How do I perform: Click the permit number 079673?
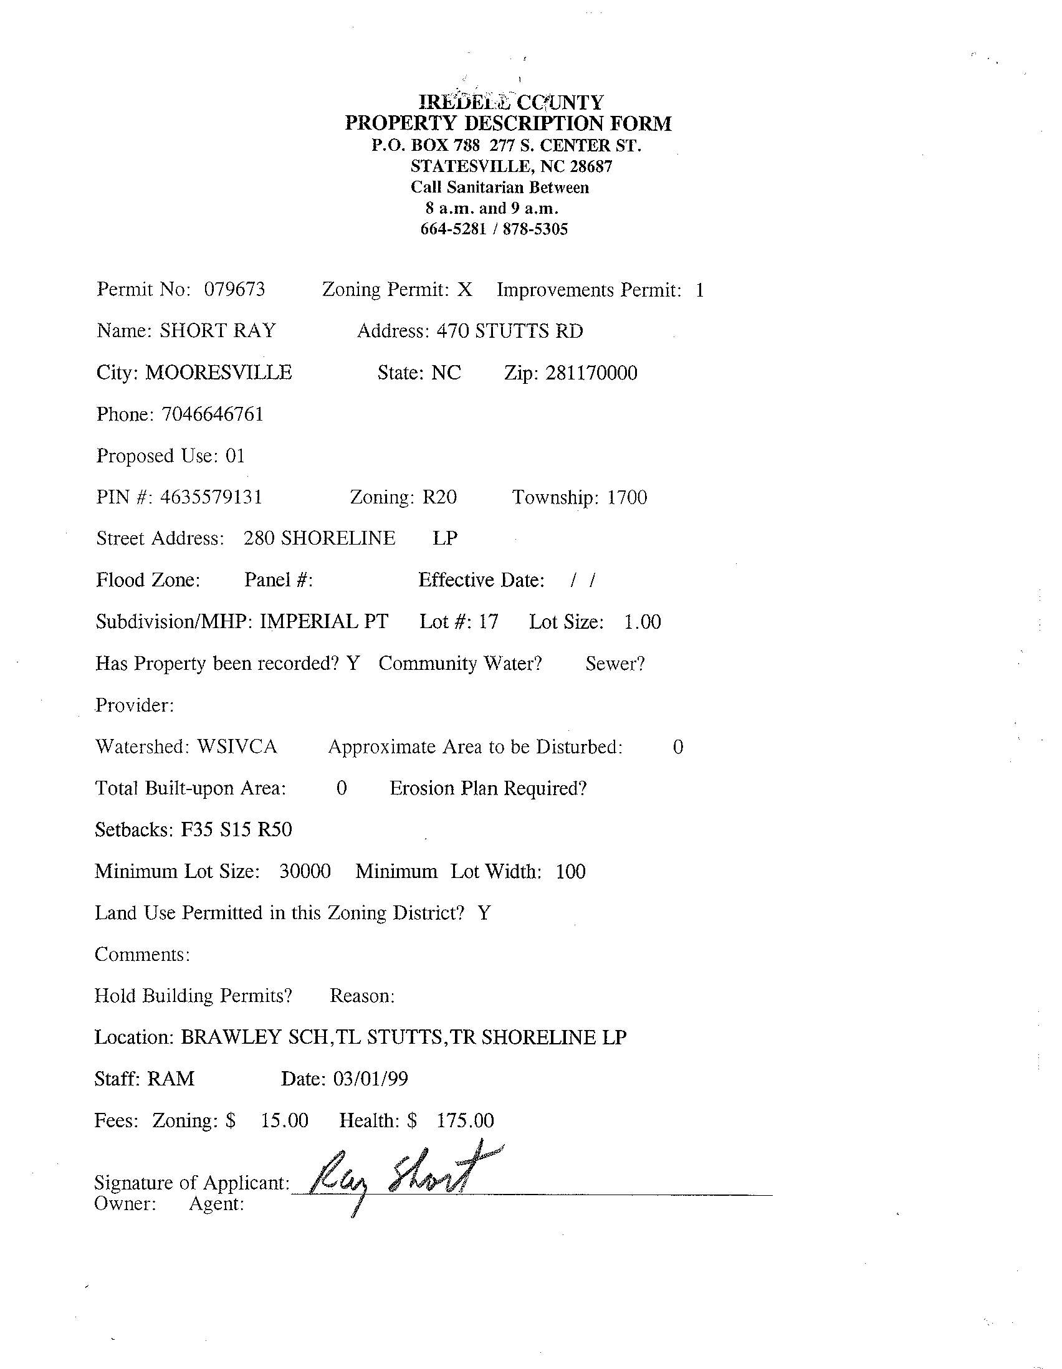click(x=234, y=289)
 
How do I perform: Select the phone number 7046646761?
click(x=213, y=414)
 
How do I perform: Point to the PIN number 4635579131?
click(x=211, y=497)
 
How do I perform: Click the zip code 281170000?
click(x=591, y=373)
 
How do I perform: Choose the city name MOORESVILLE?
click(x=219, y=373)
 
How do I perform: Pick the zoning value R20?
click(x=439, y=497)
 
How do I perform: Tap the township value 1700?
click(x=627, y=497)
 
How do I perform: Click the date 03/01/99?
click(x=370, y=1079)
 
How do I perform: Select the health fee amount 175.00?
click(x=465, y=1120)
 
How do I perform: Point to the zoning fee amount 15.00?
click(x=285, y=1120)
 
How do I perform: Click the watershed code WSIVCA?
click(x=237, y=747)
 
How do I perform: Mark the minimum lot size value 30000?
click(x=305, y=871)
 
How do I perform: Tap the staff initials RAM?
click(x=171, y=1079)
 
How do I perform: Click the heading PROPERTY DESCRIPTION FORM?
click(x=508, y=123)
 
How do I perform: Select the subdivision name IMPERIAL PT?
click(x=324, y=621)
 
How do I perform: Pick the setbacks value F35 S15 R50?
click(x=236, y=830)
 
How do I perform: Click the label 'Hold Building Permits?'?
click(x=193, y=995)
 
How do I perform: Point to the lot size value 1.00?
click(x=643, y=622)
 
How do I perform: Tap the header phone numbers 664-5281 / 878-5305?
click(x=494, y=229)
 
